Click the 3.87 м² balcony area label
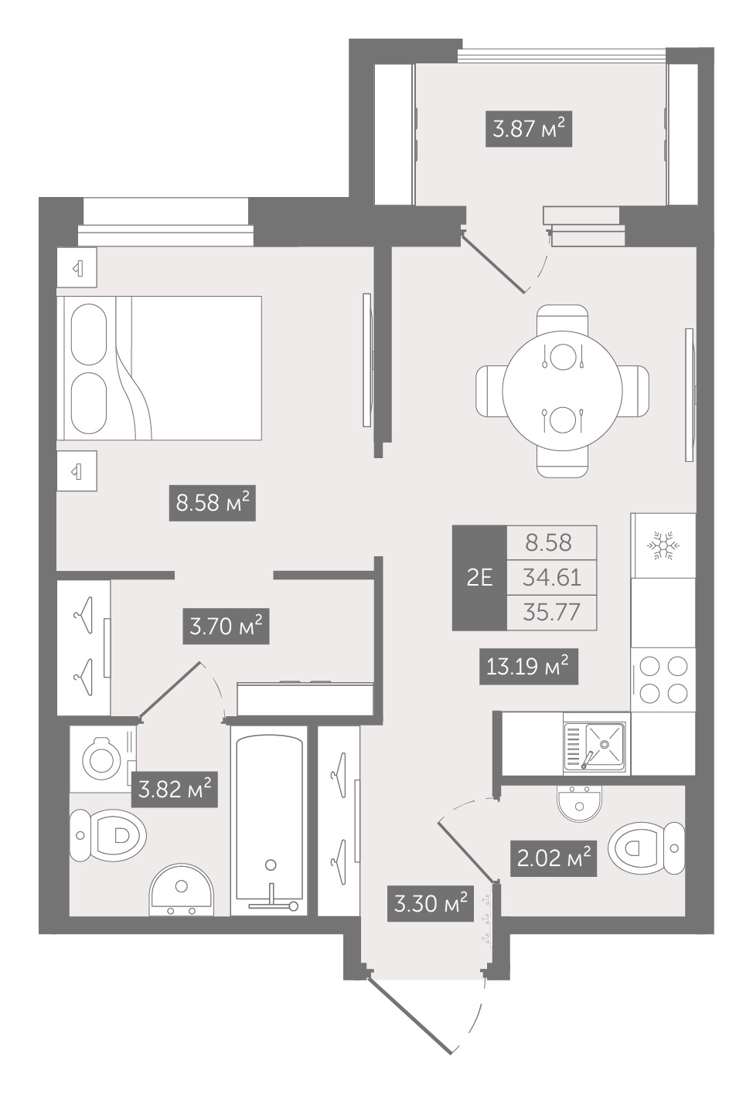[x=528, y=130]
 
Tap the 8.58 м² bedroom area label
[x=212, y=503]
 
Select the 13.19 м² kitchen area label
[x=528, y=666]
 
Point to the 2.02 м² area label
[x=553, y=858]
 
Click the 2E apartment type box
[x=479, y=578]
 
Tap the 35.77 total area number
[x=552, y=612]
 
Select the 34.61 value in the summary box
[x=552, y=578]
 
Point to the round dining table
[x=562, y=391]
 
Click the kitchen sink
[x=595, y=747]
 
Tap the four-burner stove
[x=663, y=679]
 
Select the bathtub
[x=269, y=820]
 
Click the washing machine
[x=103, y=759]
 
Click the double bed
[x=159, y=368]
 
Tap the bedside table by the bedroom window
[x=77, y=267]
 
